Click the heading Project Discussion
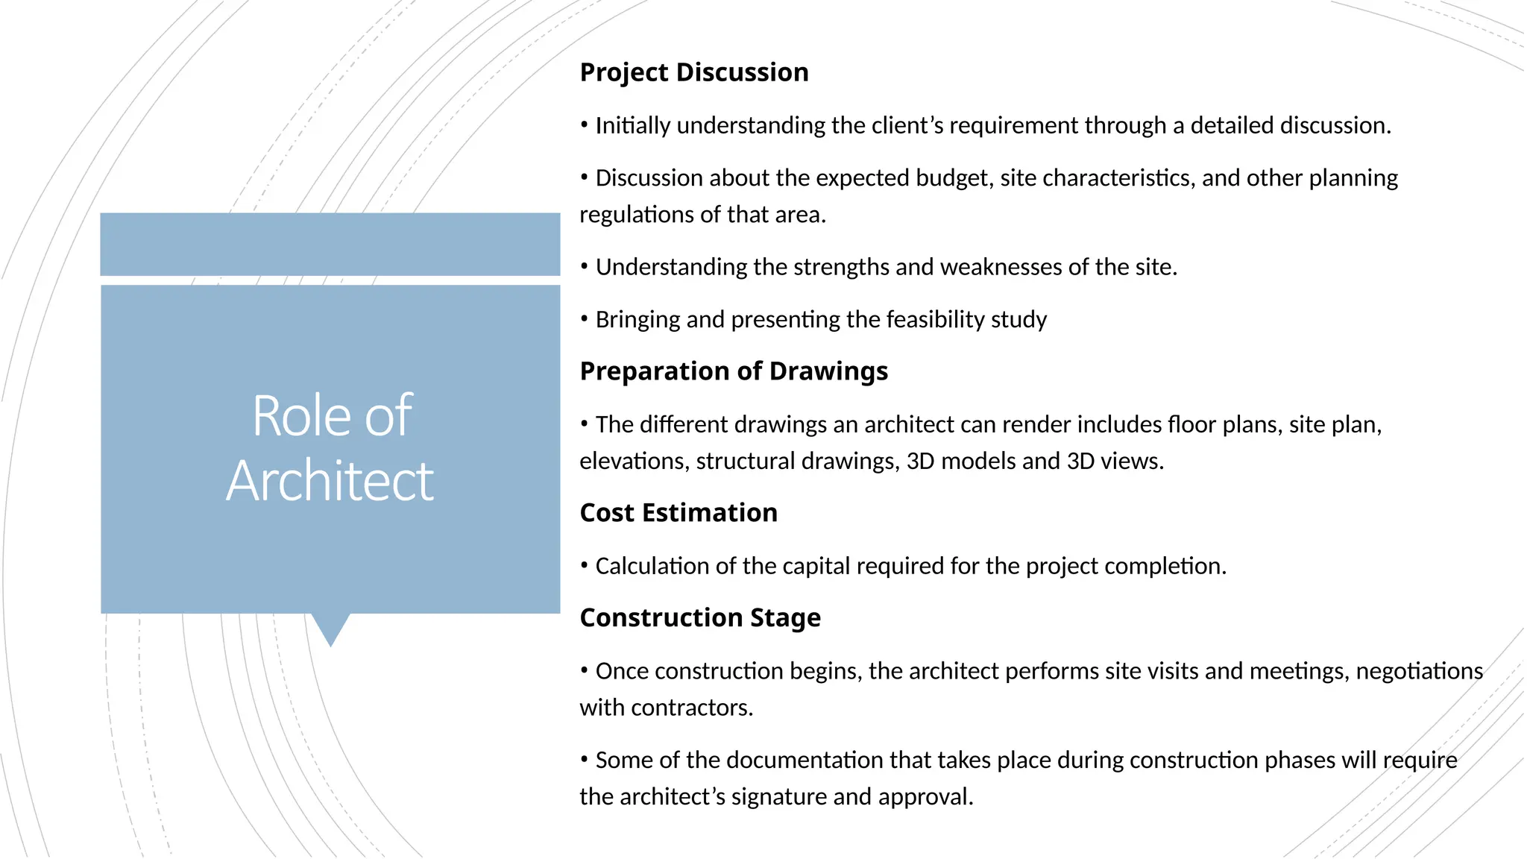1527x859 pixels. click(693, 72)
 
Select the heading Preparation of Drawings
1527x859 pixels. click(734, 371)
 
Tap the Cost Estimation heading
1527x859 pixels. click(679, 513)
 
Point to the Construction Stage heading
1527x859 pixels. click(700, 618)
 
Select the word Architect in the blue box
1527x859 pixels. click(330, 481)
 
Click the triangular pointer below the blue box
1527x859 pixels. click(330, 628)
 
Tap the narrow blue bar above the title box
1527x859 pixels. click(330, 245)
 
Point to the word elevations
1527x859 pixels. click(634, 462)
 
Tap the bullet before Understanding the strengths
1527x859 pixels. click(585, 267)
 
